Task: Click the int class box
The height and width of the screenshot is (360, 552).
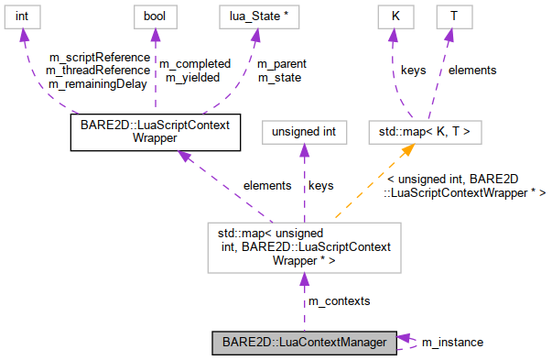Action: tap(25, 17)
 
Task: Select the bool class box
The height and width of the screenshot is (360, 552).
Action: tap(152, 17)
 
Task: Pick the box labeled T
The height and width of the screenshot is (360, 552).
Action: tap(453, 17)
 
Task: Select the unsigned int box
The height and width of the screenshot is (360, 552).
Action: tap(305, 132)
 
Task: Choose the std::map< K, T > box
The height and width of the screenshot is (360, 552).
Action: tap(418, 132)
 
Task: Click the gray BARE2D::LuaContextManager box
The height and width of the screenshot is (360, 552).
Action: tap(306, 343)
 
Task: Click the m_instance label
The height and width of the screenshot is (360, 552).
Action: tap(452, 342)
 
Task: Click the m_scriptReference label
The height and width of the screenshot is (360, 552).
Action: tap(98, 58)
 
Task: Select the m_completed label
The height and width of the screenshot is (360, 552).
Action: tap(195, 64)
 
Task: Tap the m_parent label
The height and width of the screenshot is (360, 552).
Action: tap(281, 64)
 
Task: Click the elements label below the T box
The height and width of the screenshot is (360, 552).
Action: tap(472, 70)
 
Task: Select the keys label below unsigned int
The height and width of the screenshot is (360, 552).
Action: tap(320, 185)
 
